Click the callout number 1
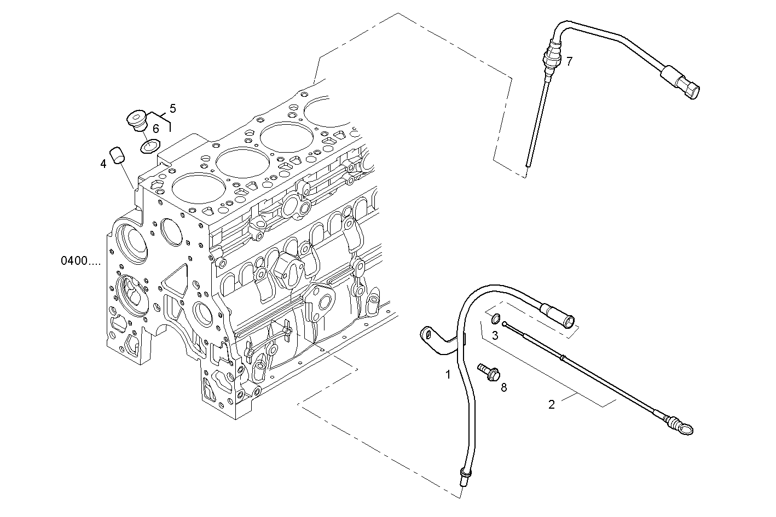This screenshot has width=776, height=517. (x=448, y=375)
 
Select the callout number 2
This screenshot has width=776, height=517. (x=552, y=404)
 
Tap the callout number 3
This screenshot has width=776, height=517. (x=495, y=335)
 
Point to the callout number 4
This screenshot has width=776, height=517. (x=103, y=163)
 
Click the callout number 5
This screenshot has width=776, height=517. (x=172, y=108)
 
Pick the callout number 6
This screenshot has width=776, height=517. (x=156, y=129)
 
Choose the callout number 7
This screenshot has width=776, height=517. (x=569, y=61)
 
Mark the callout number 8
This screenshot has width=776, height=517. (x=503, y=387)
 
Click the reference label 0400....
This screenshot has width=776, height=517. (x=80, y=261)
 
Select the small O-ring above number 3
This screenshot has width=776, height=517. (x=495, y=319)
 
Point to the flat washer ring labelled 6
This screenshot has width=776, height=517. (x=148, y=146)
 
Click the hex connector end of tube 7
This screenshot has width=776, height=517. (x=688, y=86)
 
